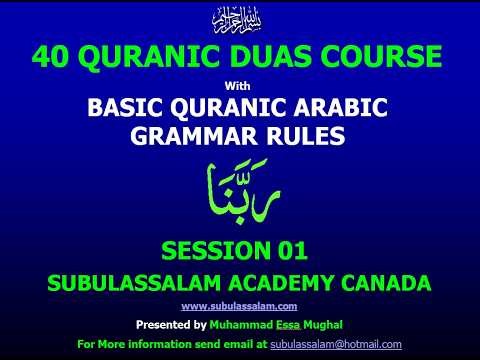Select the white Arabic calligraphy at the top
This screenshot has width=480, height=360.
point(240,19)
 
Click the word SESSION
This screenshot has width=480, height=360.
point(213,249)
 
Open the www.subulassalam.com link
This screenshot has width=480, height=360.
point(239,307)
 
